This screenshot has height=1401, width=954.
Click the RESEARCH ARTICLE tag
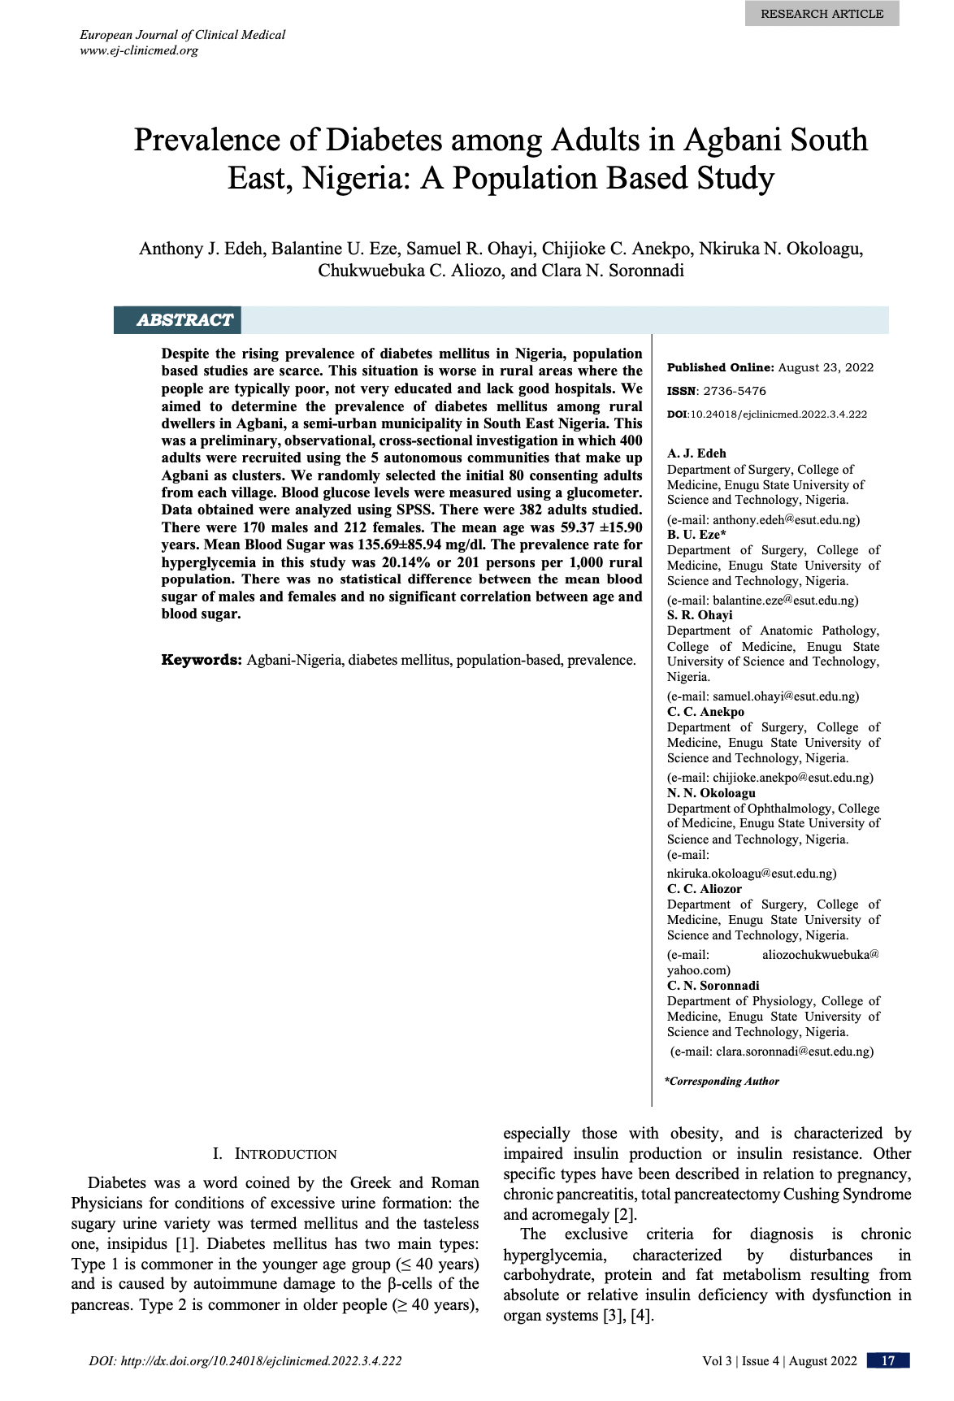click(x=822, y=14)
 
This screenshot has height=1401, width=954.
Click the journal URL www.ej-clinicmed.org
click(x=138, y=50)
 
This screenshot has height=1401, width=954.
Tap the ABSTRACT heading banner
click(x=184, y=320)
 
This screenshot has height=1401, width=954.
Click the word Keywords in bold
click(x=202, y=660)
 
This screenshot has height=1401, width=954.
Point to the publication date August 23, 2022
click(x=826, y=367)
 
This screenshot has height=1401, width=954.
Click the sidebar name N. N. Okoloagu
click(x=711, y=793)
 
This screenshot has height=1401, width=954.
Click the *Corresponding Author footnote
click(x=722, y=1082)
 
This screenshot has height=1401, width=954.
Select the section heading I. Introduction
click(x=275, y=1154)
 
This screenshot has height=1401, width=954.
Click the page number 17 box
click(x=887, y=1361)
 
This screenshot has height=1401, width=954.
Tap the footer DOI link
click(x=245, y=1361)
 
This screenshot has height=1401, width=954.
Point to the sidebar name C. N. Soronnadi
click(x=713, y=986)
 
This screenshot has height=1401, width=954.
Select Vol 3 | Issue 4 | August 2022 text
click(x=779, y=1361)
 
